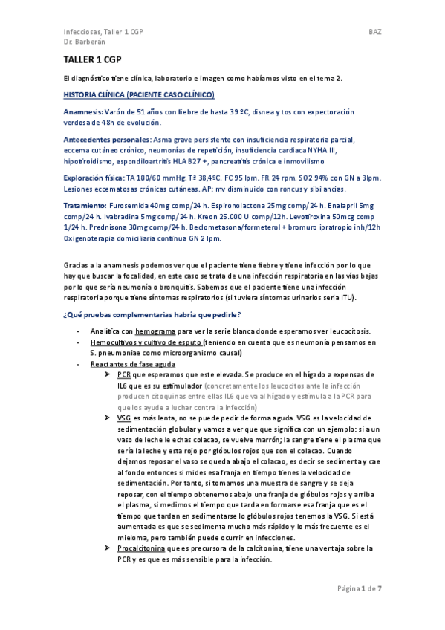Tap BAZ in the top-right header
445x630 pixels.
click(374, 33)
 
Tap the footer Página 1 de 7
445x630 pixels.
click(360, 588)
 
